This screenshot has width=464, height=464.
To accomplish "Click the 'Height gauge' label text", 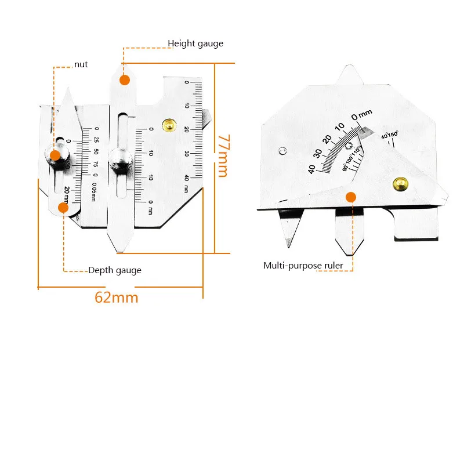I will point(195,43).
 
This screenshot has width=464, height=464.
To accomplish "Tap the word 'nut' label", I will point(81,64).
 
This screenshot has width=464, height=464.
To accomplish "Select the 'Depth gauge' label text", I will point(114,270).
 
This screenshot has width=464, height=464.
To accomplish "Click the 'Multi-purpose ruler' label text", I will point(303,266).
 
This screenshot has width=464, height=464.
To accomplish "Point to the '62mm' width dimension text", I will point(117,298).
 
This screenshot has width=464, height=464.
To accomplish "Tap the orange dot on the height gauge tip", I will point(125,80).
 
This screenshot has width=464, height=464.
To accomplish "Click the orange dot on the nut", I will point(55,155).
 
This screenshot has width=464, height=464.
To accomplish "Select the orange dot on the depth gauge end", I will point(63,207).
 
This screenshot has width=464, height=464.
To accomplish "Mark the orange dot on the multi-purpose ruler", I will point(350,197).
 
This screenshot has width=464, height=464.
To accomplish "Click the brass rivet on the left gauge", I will point(169,125).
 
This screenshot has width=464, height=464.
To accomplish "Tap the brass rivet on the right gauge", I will point(400,184).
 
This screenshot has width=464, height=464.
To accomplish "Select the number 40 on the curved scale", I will point(312,169).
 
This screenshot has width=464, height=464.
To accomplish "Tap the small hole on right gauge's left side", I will point(282,151).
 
